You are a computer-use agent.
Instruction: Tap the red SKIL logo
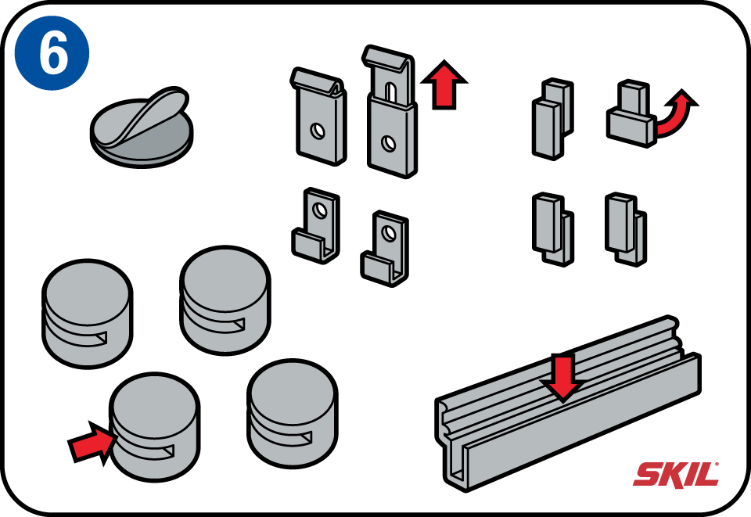[676, 475]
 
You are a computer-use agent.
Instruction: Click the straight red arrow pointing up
[444, 84]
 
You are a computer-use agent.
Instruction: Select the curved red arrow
[675, 113]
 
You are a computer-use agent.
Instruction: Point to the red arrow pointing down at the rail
[563, 377]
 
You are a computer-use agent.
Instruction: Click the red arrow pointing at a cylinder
[92, 443]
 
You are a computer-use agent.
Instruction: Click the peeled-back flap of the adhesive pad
[144, 115]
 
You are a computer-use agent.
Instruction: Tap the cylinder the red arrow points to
[155, 426]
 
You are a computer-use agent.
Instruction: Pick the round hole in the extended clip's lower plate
[389, 143]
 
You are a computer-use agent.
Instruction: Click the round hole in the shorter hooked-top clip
[318, 131]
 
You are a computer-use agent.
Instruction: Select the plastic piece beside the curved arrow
[630, 114]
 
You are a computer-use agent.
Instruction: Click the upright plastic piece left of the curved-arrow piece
[552, 119]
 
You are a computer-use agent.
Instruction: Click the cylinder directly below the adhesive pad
[87, 314]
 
